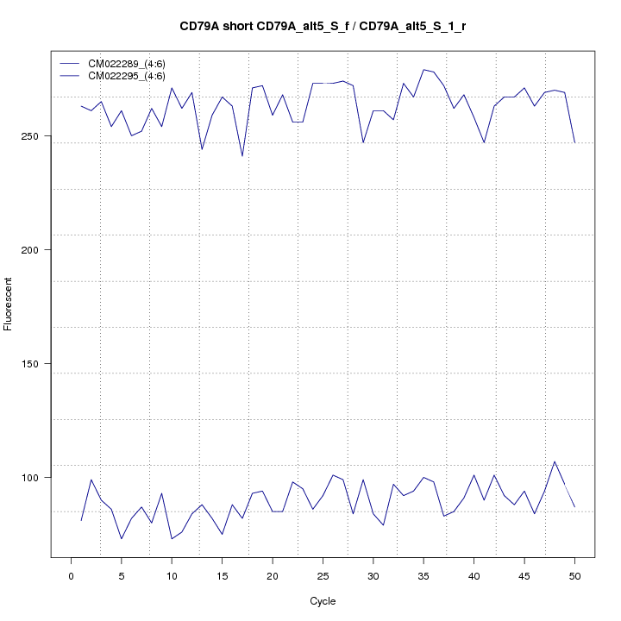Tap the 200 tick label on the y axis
(x=35, y=250)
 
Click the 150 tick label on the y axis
(x=35, y=364)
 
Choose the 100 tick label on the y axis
(x=35, y=478)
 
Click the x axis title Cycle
(x=323, y=601)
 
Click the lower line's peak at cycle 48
(x=555, y=461)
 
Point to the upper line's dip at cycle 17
(x=242, y=156)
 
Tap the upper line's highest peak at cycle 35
(x=423, y=70)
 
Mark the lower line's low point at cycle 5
(x=122, y=539)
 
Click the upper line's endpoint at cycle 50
(x=574, y=142)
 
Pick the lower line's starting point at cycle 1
(x=81, y=521)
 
